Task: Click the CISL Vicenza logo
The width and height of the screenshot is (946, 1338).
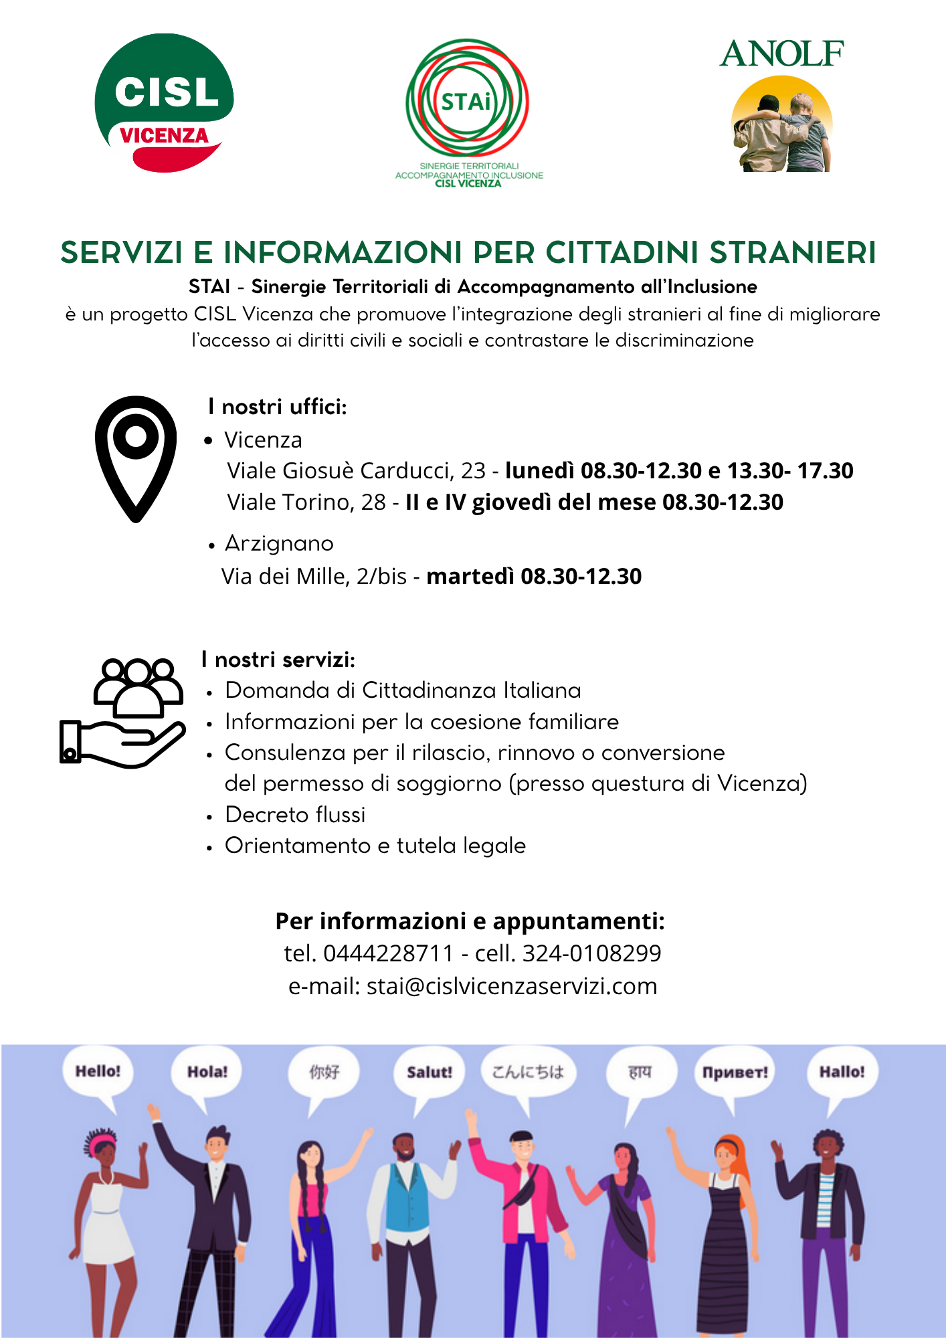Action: [164, 102]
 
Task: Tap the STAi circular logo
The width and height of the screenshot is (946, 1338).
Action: [467, 100]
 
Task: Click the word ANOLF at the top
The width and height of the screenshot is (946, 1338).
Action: [781, 54]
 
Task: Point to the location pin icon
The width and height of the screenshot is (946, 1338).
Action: [136, 458]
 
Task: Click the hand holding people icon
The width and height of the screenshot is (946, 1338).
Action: [122, 713]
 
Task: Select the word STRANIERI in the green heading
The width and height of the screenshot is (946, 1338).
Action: [792, 253]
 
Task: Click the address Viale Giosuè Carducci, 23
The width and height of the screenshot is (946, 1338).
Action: [356, 471]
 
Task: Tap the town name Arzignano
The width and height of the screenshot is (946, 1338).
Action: [279, 543]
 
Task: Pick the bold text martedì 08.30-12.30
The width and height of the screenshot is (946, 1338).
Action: [534, 577]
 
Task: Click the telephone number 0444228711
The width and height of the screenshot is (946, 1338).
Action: [389, 953]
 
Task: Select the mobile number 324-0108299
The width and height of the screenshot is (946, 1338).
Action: [591, 953]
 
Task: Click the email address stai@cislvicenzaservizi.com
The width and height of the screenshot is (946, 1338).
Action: [512, 986]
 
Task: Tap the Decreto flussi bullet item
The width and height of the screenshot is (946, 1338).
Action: [295, 815]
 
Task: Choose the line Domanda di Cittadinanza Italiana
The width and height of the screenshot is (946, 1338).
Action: [403, 690]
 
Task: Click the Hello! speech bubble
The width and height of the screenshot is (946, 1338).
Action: [98, 1072]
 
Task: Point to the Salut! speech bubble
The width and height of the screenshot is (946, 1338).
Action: [429, 1072]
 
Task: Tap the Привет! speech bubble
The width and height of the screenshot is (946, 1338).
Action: [735, 1072]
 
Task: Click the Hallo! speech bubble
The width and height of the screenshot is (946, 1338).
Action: [842, 1072]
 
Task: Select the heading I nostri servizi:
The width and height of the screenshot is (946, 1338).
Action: [278, 660]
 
